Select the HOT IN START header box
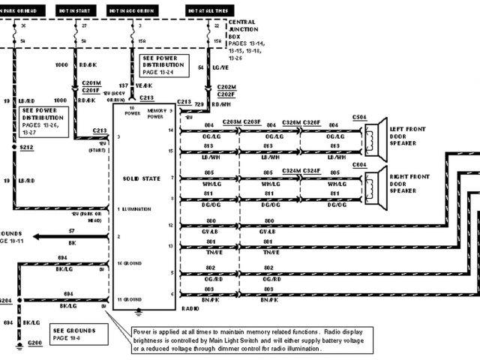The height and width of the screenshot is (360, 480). pos(76,10)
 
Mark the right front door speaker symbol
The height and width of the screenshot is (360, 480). pos(374,183)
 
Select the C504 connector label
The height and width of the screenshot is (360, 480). pos(359,118)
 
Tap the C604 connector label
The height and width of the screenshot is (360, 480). pos(359,164)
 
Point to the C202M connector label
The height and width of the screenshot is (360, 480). pos(226,86)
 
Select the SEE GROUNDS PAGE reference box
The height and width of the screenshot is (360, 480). pos(72,333)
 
